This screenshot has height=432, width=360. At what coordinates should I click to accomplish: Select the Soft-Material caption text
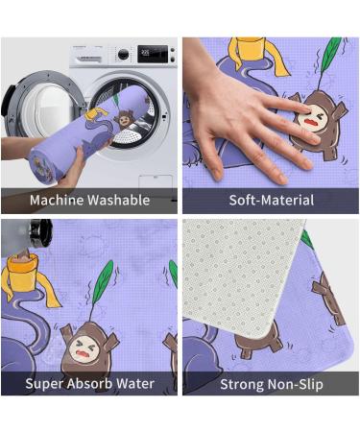click(271, 201)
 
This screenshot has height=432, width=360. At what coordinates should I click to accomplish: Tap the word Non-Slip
click(298, 384)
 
